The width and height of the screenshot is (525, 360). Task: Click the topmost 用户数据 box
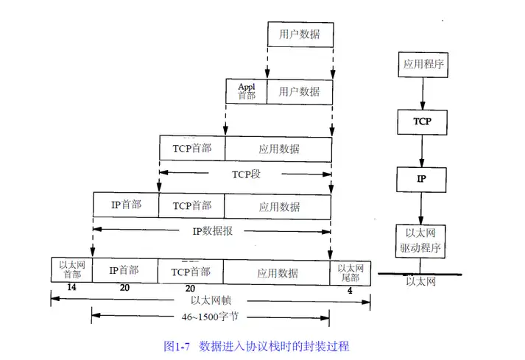coord(299,35)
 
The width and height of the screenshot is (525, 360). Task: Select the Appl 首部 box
coord(246,91)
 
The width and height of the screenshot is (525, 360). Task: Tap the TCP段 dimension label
coord(246,174)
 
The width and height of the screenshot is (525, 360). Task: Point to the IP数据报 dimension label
coord(213,230)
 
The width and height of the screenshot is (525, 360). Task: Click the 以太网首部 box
coord(71,270)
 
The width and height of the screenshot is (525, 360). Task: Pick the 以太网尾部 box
coord(350,272)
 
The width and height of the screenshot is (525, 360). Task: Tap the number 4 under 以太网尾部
coord(349,289)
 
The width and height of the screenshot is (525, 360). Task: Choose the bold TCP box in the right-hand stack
coord(422,121)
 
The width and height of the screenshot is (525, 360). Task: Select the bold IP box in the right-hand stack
coord(422,178)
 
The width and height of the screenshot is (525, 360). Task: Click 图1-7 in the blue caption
coord(177,345)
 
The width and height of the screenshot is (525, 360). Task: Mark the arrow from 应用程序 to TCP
coord(422,93)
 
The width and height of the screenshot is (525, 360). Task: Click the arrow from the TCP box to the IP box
coord(422,150)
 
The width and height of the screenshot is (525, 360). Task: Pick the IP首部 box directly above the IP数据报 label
coord(125,205)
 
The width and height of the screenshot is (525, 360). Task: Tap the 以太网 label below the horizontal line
coord(421,281)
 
